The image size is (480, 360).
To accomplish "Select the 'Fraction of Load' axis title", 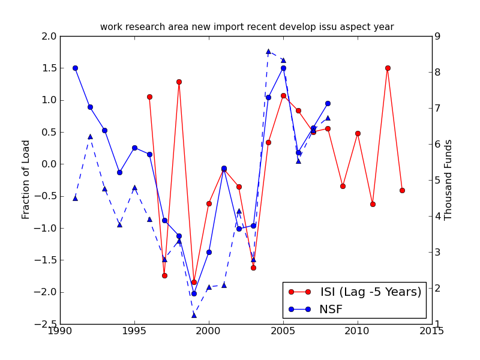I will [x=26, y=179].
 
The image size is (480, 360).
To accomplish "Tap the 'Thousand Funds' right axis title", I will [x=449, y=179].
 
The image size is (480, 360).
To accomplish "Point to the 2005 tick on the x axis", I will [x=283, y=331].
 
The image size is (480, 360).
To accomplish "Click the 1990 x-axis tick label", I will [x=60, y=331].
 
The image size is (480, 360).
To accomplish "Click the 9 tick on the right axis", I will [x=438, y=36].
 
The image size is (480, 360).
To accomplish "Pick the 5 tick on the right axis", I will [x=438, y=180].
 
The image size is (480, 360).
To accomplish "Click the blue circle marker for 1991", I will [x=75, y=68].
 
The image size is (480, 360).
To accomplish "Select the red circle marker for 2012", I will [x=388, y=68].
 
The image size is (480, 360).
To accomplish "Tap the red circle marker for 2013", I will [x=402, y=190].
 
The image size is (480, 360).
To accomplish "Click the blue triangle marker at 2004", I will [x=268, y=52].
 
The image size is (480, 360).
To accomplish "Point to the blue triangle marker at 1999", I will [x=194, y=314].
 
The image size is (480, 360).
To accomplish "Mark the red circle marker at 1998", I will [x=179, y=82].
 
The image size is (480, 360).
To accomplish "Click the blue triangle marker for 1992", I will [x=90, y=136].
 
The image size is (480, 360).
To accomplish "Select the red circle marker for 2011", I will [x=373, y=204].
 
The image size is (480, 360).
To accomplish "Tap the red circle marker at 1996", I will [x=149, y=97].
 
